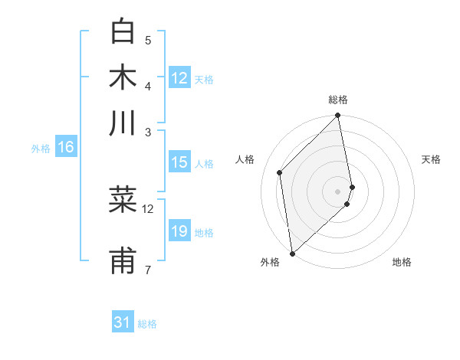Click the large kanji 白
(123, 32)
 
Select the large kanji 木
(123, 77)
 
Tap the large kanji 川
(123, 123)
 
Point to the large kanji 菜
(123, 200)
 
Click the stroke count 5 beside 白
(148, 40)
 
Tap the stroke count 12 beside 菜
(148, 208)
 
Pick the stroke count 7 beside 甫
(148, 269)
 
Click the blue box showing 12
(179, 77)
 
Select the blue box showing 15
(179, 162)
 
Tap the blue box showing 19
(179, 231)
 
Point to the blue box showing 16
(66, 148)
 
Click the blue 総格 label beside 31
(147, 324)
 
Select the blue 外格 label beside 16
(41, 149)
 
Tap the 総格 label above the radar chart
(338, 100)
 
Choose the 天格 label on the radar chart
(432, 159)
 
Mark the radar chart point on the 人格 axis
(280, 172)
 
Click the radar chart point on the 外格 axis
(292, 253)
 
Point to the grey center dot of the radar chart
(338, 191)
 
